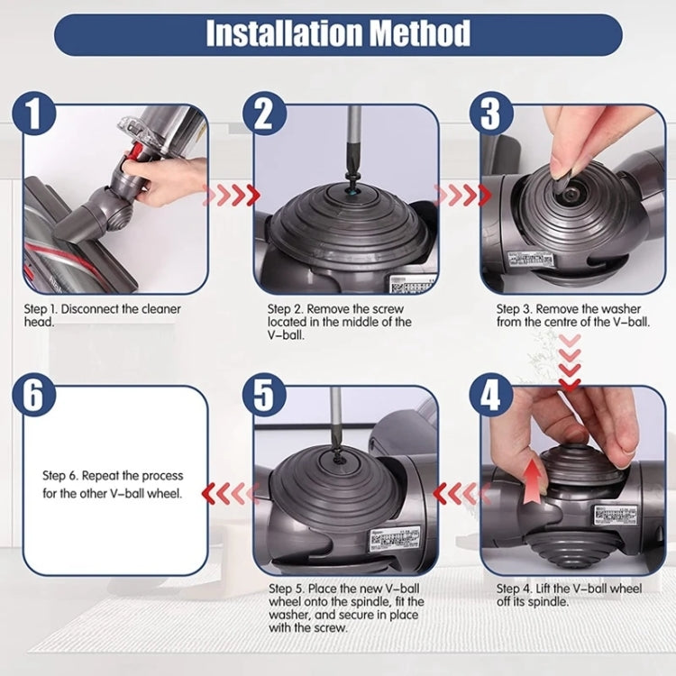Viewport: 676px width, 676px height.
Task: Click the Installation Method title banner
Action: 338,35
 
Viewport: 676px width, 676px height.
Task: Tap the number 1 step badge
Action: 34,114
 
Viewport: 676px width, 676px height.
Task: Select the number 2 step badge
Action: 263,114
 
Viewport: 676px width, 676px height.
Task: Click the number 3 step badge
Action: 490,114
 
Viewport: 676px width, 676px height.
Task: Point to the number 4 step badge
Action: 490,397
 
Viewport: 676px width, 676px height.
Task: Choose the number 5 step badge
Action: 263,397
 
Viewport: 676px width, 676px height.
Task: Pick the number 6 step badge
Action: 34,397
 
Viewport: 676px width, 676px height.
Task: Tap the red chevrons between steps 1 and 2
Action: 232,194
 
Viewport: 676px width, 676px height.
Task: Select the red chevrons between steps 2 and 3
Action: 462,194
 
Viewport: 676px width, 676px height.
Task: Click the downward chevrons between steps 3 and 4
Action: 569,361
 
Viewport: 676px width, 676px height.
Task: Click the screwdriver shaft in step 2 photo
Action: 354,135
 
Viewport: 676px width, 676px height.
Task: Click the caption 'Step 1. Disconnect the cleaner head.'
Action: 102,315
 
